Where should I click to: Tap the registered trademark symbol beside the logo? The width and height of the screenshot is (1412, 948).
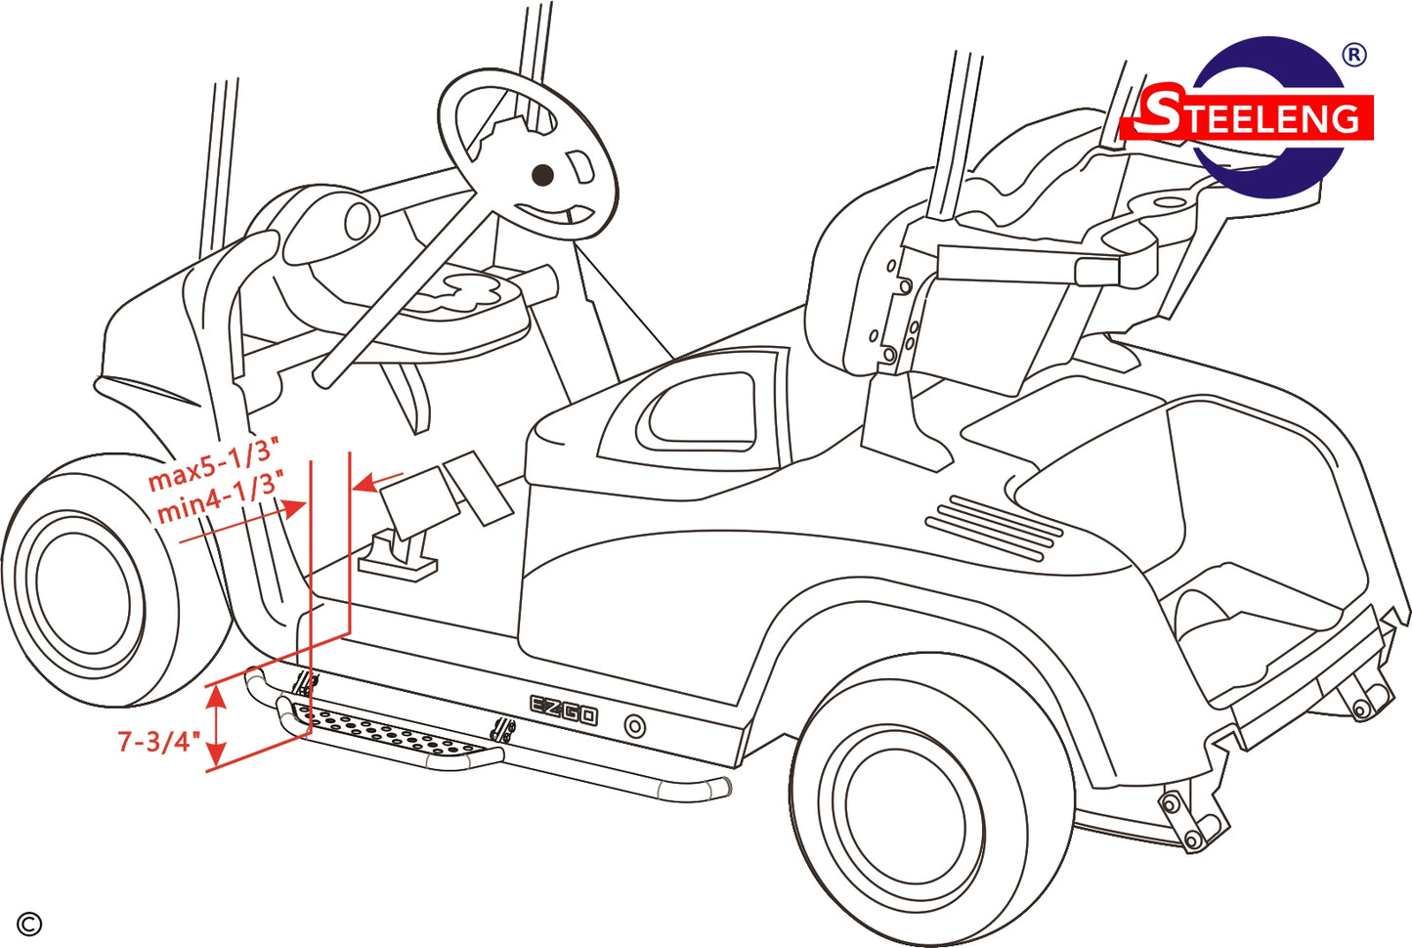tap(1353, 56)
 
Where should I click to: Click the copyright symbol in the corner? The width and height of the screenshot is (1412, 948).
tap(29, 926)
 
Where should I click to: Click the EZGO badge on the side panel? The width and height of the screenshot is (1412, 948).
tap(564, 710)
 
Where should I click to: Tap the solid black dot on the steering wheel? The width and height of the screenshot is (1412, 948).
tap(542, 175)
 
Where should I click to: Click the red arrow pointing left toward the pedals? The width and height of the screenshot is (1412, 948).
tap(378, 482)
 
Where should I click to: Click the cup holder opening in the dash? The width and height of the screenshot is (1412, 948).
tap(358, 221)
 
